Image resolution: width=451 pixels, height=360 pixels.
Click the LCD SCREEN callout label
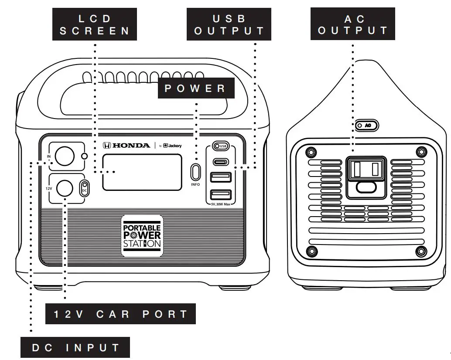(95, 25)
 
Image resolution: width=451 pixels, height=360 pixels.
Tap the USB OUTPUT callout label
(229, 25)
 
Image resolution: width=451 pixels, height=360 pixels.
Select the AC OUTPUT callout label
(353, 25)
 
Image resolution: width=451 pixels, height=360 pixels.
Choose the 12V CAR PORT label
(120, 314)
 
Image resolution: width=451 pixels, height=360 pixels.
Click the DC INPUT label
(76, 348)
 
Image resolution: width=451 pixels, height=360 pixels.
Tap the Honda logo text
(127, 145)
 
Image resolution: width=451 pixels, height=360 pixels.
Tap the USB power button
(220, 146)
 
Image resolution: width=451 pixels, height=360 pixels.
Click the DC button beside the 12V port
(84, 188)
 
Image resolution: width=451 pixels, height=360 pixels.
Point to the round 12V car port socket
(64, 188)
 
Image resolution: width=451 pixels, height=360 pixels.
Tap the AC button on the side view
(366, 126)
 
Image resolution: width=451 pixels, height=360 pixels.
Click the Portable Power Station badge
(142, 235)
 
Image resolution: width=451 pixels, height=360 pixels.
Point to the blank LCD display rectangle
(142, 172)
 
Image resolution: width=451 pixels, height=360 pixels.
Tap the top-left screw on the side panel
(310, 152)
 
